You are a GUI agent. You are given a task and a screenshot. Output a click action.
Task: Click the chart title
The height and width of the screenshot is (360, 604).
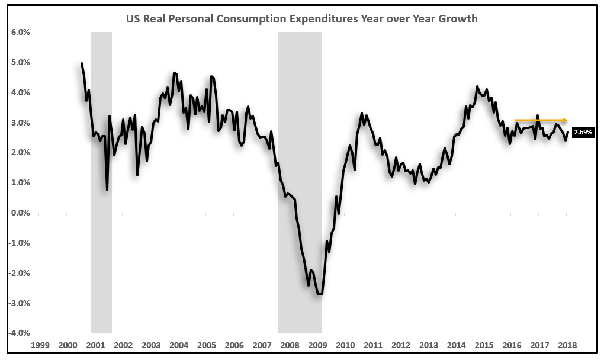coord(302,18)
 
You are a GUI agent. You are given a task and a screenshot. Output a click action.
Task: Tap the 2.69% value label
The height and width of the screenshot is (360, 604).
coord(582,133)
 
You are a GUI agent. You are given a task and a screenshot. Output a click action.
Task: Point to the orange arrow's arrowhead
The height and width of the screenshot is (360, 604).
coord(566,120)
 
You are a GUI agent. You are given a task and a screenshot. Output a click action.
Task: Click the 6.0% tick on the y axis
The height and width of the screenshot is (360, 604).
coord(20,32)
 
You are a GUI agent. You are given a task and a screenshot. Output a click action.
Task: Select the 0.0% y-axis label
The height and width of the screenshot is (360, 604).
coord(20,213)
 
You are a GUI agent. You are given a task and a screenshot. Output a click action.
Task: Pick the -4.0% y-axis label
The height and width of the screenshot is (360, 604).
coord(19,333)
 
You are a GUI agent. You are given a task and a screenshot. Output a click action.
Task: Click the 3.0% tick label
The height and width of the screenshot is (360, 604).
coord(20,123)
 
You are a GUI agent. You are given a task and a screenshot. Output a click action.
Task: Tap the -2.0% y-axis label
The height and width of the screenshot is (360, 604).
coord(19,273)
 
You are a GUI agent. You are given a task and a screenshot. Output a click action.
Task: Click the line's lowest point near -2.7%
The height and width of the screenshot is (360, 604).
coord(320,294)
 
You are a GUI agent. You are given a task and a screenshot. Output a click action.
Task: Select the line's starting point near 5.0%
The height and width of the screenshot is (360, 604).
coord(82,63)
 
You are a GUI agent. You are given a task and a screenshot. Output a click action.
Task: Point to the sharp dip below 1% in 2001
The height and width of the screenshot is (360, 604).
coord(107,189)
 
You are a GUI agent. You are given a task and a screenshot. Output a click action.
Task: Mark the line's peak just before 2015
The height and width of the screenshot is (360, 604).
coord(477,86)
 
